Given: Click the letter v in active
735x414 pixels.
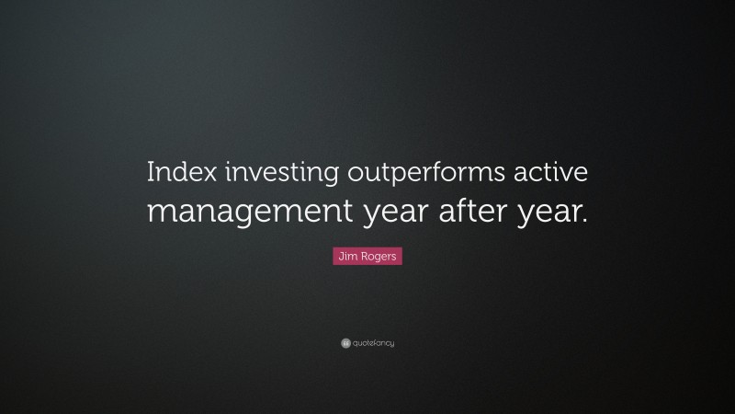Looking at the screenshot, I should coord(563,174).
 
